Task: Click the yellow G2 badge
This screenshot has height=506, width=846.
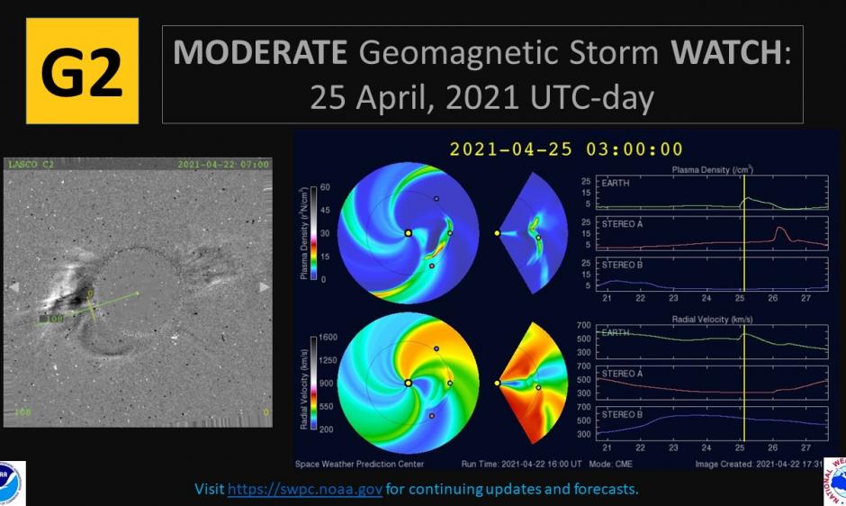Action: [x=82, y=70]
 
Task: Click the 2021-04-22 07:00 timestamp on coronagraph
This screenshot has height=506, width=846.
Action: [x=223, y=165]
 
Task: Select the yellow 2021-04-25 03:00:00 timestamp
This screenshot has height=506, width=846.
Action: [x=566, y=149]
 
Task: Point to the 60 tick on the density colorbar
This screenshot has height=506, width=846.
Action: [x=325, y=188]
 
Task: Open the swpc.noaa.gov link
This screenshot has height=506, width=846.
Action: [x=305, y=489]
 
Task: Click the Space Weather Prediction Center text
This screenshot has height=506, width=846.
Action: [x=359, y=464]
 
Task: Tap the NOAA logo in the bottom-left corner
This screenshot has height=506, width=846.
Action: [x=11, y=483]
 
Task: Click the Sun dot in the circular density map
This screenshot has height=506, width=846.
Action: [x=408, y=232]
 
